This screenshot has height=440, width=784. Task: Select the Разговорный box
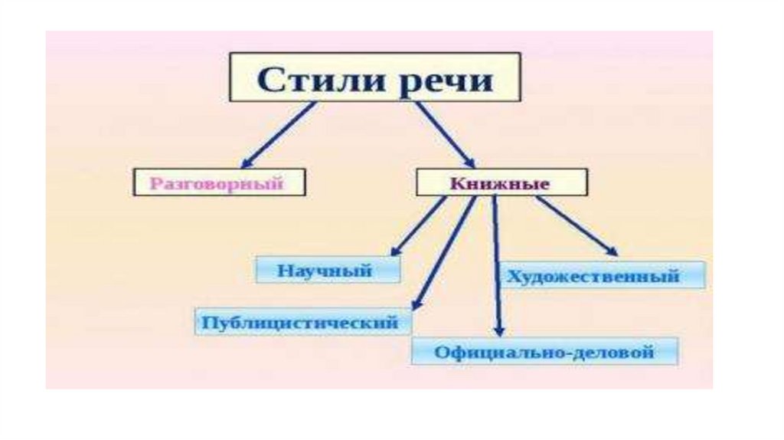pos(218,183)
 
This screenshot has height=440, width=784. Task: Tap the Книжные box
pos(501,184)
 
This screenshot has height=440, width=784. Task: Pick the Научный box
pos(327,271)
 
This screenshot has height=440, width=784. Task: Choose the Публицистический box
pos(302,322)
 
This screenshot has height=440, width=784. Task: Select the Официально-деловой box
pos(544,352)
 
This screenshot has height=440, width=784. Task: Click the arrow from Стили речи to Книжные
pos(445,133)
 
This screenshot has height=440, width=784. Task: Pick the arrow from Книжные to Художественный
pos(574,224)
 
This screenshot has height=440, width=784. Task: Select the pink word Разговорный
pos(217,183)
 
